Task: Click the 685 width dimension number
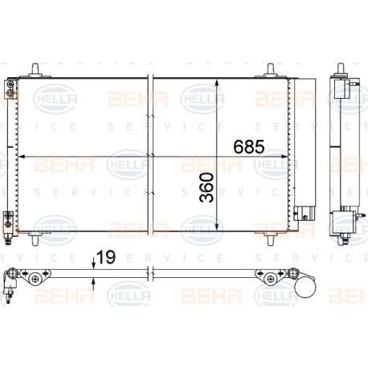(x=249, y=147)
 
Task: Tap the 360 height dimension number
(x=206, y=187)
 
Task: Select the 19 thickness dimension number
(x=106, y=257)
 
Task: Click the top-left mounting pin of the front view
(x=35, y=70)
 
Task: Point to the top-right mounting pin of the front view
(x=271, y=70)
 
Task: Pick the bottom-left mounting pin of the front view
(x=35, y=239)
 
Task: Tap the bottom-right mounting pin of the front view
(x=271, y=239)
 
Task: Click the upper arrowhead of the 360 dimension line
(x=217, y=83)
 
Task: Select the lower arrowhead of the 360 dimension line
(x=217, y=227)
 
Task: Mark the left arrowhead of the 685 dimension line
(x=22, y=157)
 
